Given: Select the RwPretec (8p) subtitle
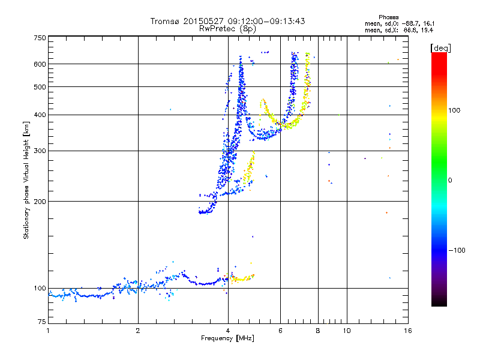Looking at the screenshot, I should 227,28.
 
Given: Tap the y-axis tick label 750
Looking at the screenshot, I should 40,38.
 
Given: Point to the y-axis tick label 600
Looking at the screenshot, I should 40,64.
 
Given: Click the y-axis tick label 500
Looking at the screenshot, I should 40,87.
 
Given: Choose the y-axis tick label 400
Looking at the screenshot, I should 40,115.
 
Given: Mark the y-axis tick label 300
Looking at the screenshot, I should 40,151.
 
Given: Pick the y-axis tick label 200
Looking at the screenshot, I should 40,202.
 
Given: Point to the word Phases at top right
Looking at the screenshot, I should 389,17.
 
